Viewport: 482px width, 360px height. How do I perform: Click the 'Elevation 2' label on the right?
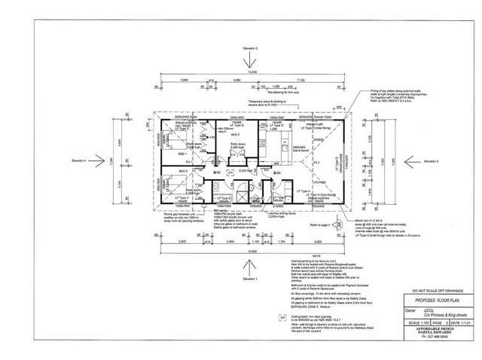429,161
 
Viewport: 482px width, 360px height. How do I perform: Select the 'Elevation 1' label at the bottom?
250,279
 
